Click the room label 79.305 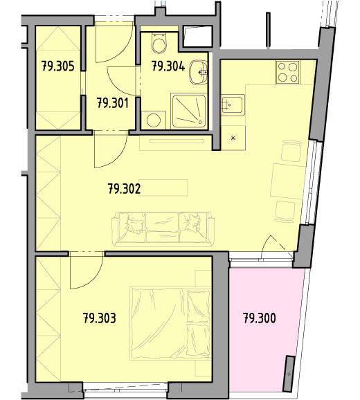point(58,66)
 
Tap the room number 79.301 point(113,104)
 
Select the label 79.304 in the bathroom point(168,66)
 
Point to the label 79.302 point(124,189)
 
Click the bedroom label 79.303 point(100,318)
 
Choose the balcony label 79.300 point(260,318)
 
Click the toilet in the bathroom point(159,44)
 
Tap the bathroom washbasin point(199,73)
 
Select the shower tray point(188,111)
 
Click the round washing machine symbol point(154,120)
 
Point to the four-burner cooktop point(287,72)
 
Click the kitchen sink point(233,105)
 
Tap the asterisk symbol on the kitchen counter point(233,138)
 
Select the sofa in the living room point(163,229)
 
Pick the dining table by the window point(288,181)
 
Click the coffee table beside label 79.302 point(163,188)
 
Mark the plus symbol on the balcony point(289,374)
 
